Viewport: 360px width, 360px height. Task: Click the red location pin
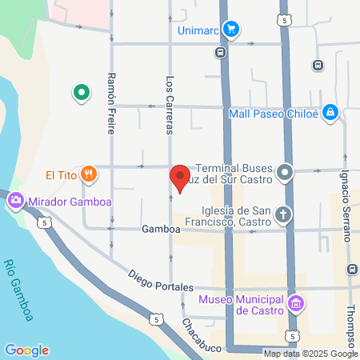(x=180, y=177)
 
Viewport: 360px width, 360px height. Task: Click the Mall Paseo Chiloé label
(x=274, y=113)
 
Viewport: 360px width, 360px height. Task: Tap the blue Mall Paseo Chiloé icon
(x=330, y=113)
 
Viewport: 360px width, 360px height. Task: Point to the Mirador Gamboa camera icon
(x=15, y=203)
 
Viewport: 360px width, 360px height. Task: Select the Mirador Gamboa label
(x=59, y=203)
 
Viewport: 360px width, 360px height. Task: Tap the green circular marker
(x=81, y=94)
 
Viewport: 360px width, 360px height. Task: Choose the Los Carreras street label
(x=170, y=104)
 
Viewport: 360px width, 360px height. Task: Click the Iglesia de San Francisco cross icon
(x=283, y=214)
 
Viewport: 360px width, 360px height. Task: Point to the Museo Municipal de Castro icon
(x=298, y=303)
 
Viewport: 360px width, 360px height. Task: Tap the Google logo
(x=26, y=350)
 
